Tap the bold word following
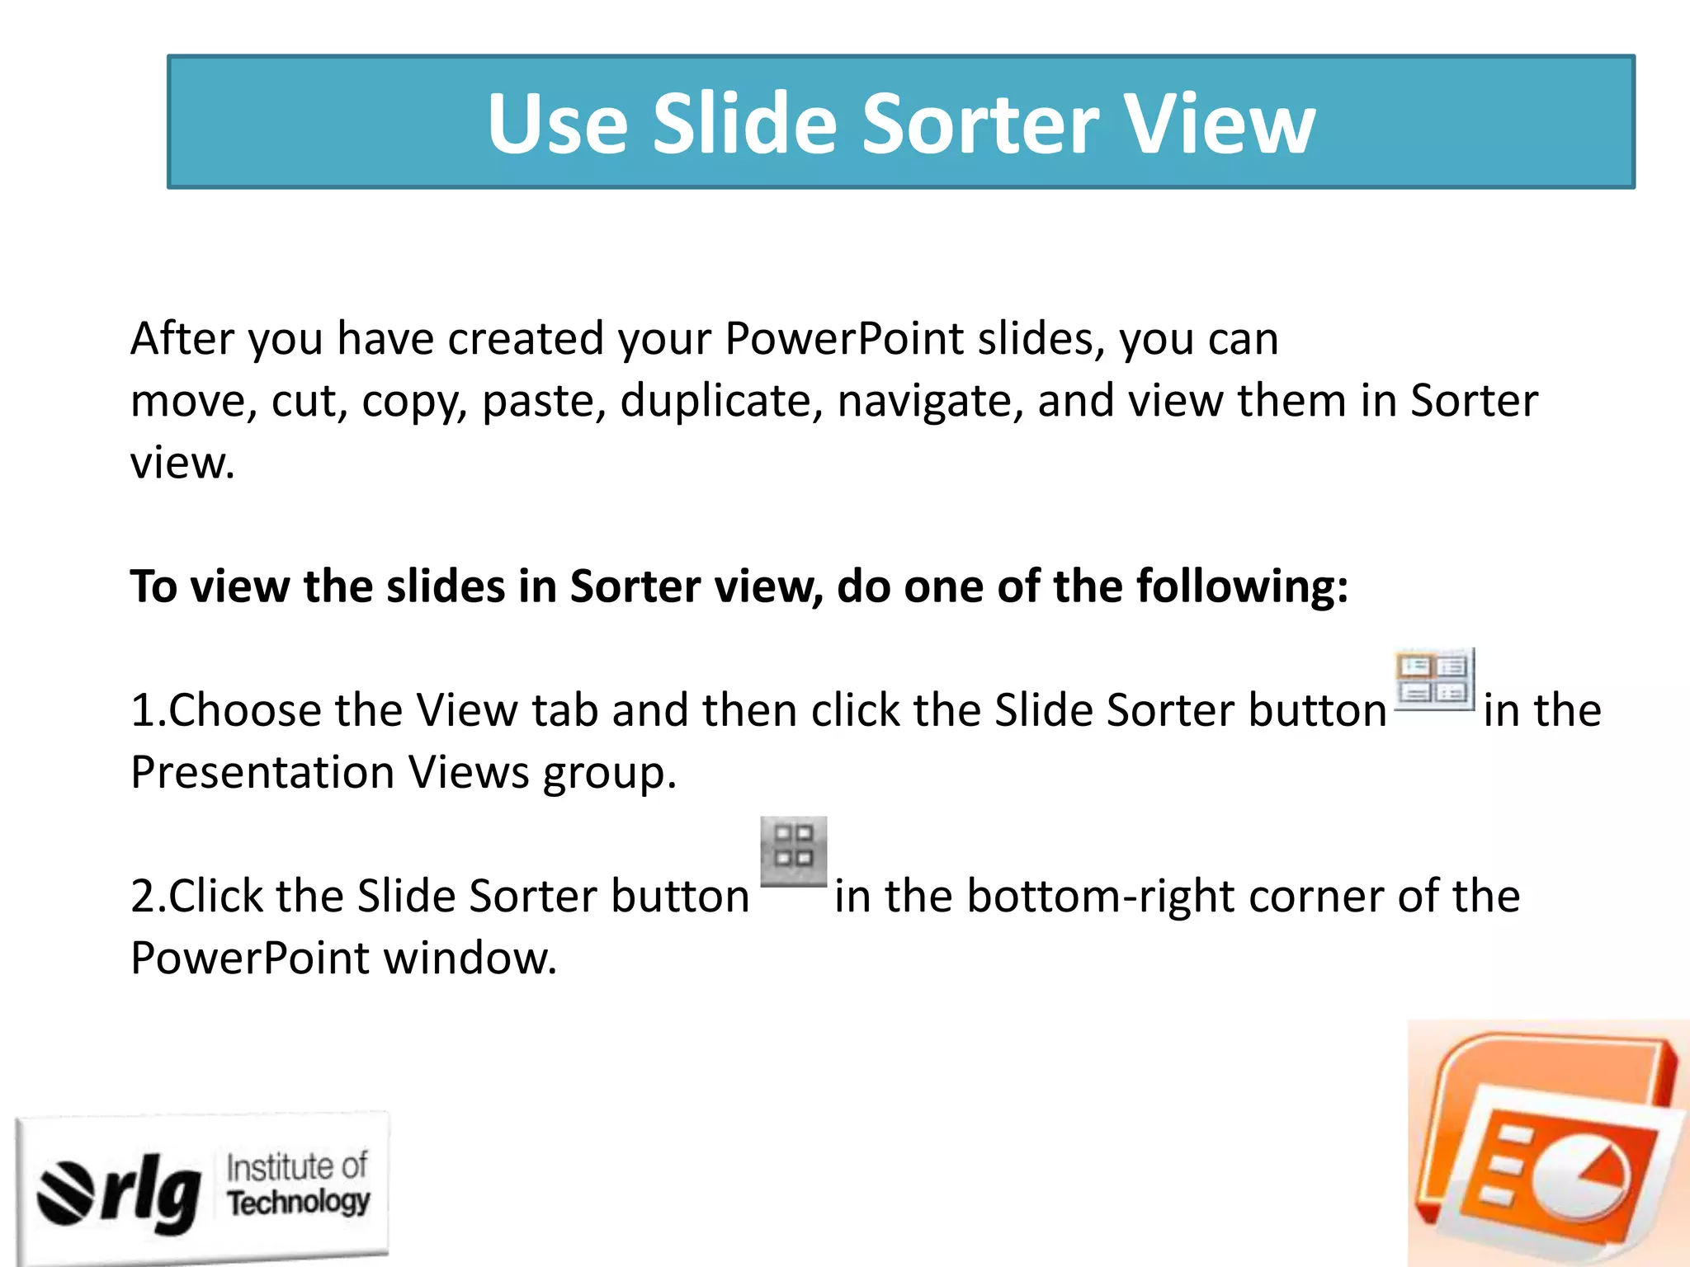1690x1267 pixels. [1242, 587]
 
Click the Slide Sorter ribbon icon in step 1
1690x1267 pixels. [1434, 679]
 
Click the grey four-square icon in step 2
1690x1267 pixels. [793, 850]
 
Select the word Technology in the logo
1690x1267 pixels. [299, 1203]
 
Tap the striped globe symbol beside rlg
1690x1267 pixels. [66, 1193]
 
